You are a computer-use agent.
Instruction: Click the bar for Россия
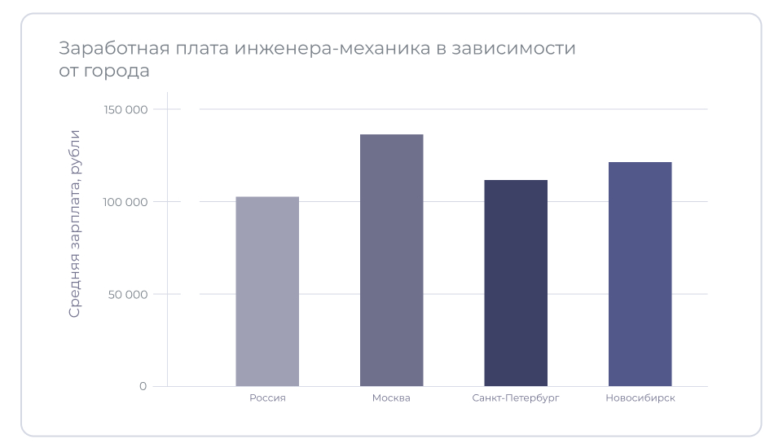[267, 292]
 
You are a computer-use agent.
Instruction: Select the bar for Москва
[391, 261]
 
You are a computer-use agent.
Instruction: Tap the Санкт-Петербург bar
[516, 283]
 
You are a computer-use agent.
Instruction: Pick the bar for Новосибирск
[640, 275]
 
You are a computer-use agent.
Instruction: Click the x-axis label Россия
[267, 398]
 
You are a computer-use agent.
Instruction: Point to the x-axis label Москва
[391, 398]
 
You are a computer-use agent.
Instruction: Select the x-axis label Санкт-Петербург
[516, 398]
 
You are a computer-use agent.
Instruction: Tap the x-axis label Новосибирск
[640, 398]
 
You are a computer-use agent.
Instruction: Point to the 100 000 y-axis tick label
[125, 202]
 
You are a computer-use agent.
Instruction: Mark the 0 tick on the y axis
[143, 386]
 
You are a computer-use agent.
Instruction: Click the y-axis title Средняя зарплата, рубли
[74, 223]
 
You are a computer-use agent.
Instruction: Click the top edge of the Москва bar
[391, 135]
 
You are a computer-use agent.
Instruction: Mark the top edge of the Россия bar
[267, 197]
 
